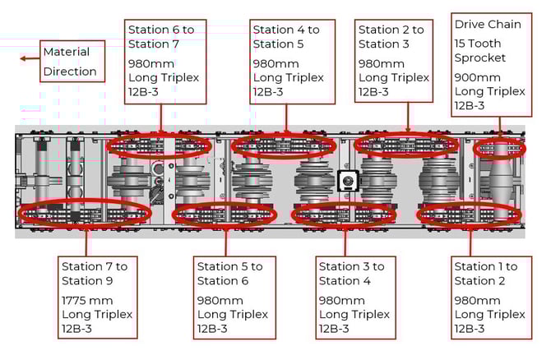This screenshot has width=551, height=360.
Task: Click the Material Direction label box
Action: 72,62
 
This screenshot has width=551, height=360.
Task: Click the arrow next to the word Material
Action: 30,58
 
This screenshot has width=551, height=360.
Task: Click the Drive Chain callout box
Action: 490,64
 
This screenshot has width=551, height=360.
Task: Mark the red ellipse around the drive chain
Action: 499,149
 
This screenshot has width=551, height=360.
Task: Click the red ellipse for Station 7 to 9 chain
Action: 86,213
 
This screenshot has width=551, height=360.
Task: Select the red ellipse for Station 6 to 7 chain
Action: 160,146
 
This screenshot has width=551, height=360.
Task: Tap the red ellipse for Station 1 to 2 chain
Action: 470,215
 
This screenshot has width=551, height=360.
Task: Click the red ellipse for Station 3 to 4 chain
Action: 345,215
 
